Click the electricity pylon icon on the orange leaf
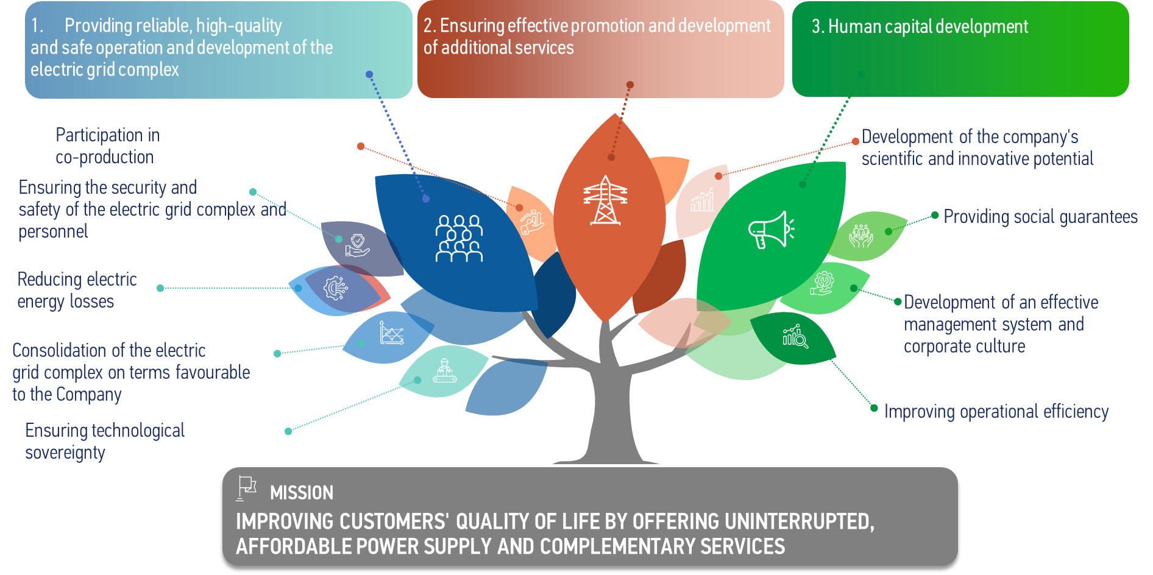coord(605,200)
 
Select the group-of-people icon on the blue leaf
coord(459,238)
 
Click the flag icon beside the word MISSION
coord(246,488)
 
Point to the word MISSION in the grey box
coord(302,493)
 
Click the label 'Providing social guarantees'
coord(1040,217)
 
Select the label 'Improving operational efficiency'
coord(996,412)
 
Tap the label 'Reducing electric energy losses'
coord(77,291)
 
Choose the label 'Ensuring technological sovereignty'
coord(105,442)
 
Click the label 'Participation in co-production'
coord(108,146)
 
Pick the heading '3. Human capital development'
coord(920,27)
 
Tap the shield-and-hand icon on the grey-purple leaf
coord(357,245)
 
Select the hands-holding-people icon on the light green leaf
coord(861,236)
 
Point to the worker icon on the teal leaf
coord(445,370)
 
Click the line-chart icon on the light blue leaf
coord(392,333)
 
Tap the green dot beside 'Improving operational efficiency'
coord(874,408)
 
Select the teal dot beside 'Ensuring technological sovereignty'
coord(288,431)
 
